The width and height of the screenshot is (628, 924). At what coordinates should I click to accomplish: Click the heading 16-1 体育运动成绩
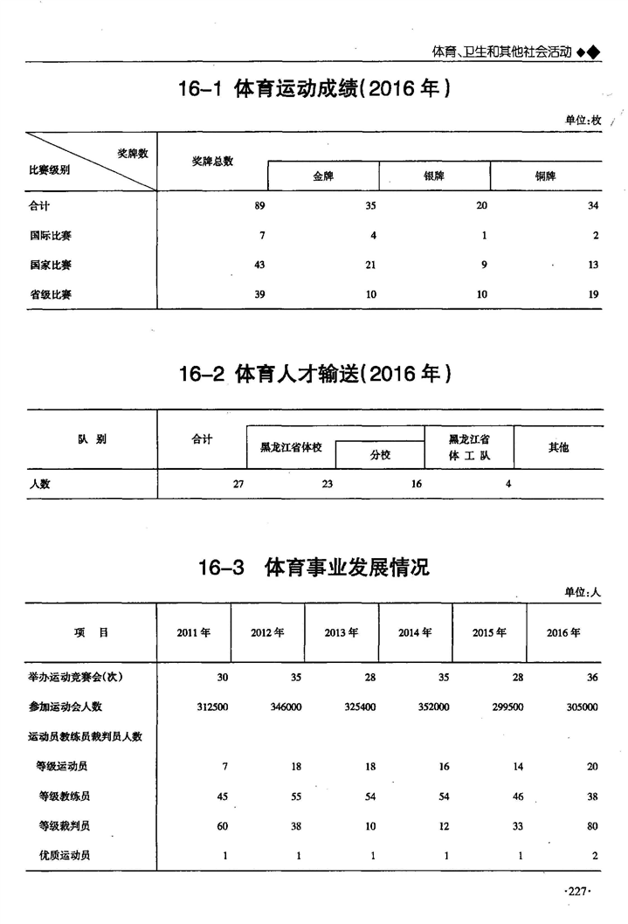click(x=314, y=90)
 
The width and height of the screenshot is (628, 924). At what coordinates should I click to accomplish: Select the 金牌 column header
click(x=323, y=176)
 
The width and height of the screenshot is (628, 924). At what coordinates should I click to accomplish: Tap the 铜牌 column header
click(x=546, y=176)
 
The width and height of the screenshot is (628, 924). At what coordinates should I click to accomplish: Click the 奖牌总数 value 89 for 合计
click(x=259, y=205)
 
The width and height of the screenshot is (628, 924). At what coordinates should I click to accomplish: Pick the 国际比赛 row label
click(x=50, y=235)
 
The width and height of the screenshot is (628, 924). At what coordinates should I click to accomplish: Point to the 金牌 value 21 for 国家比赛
click(x=370, y=265)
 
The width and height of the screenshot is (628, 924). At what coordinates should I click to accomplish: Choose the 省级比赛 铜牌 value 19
click(x=593, y=294)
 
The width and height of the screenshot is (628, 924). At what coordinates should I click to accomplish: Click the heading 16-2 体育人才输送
click(x=314, y=375)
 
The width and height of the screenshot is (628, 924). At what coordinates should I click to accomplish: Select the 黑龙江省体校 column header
click(x=291, y=447)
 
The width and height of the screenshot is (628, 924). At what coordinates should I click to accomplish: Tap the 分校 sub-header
click(x=380, y=455)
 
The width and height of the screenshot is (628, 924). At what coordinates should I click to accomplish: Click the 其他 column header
click(x=558, y=447)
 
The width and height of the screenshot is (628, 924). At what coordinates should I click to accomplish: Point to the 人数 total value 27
click(x=238, y=484)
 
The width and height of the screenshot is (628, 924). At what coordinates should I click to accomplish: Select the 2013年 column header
click(x=342, y=633)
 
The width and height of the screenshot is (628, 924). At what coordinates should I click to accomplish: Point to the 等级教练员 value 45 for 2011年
click(x=222, y=796)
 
